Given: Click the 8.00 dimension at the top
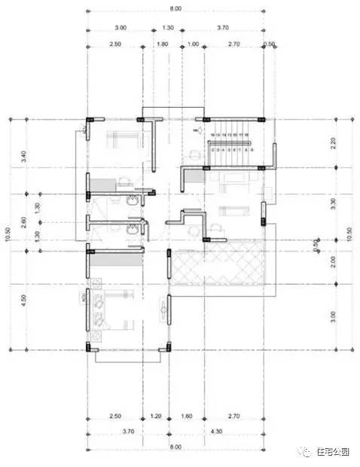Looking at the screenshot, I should (175, 8).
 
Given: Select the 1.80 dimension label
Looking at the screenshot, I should (162, 44).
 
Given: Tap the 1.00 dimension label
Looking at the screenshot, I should (193, 44).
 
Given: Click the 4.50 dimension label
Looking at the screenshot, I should (25, 299).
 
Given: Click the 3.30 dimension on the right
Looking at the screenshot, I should (334, 203).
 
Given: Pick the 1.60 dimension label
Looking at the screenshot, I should (188, 415).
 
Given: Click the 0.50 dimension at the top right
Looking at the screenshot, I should (270, 44).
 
